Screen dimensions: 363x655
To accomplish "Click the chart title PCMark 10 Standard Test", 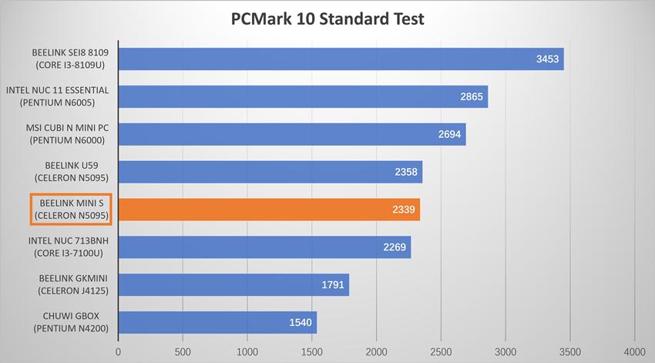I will [327, 18].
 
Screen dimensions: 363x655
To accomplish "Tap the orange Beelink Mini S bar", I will [269, 210].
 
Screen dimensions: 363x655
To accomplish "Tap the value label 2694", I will [450, 134].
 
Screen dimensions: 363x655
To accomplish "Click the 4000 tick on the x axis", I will [634, 351].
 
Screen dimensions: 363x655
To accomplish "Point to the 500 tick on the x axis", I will [183, 351].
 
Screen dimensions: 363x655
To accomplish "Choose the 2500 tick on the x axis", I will [441, 351].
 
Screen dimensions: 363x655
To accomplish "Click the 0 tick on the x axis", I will [119, 351].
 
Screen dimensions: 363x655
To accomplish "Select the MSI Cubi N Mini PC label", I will [65, 134].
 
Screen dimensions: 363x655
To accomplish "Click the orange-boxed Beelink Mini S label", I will [71, 210].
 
